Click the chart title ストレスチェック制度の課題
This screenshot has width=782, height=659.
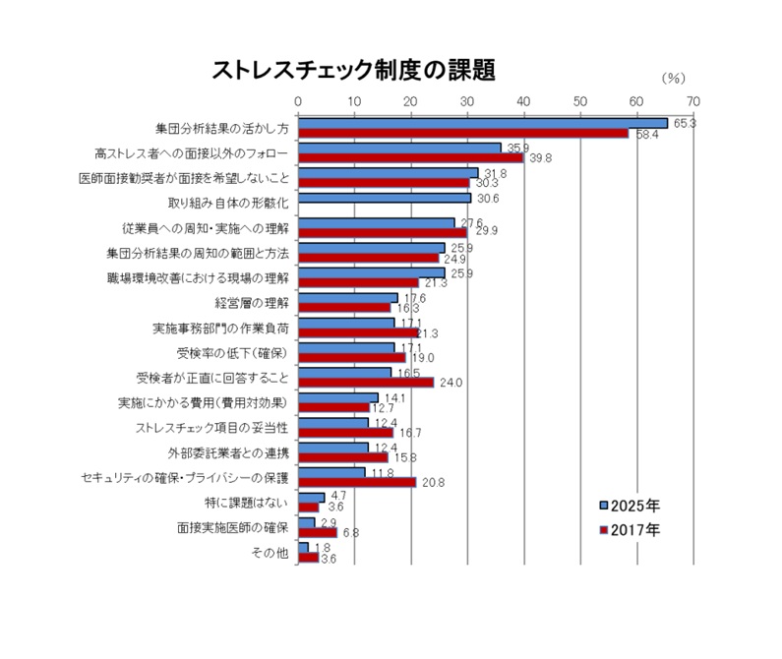point(353,70)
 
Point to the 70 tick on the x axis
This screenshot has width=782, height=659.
point(693,100)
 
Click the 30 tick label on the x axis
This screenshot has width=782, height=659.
point(467,100)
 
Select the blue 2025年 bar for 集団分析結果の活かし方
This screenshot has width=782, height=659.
point(482,123)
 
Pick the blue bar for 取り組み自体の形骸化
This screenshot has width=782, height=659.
point(385,199)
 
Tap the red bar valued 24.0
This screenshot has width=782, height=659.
point(366,383)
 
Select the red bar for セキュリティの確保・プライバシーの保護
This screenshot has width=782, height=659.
point(357,482)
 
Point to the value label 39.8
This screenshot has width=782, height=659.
point(540,157)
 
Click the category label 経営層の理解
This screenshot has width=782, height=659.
point(253,302)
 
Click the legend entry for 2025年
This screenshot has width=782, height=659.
point(630,506)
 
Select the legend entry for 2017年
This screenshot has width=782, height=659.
point(630,529)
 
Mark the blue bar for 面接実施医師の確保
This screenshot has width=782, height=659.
point(307,522)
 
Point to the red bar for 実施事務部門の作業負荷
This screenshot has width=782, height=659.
point(358,332)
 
